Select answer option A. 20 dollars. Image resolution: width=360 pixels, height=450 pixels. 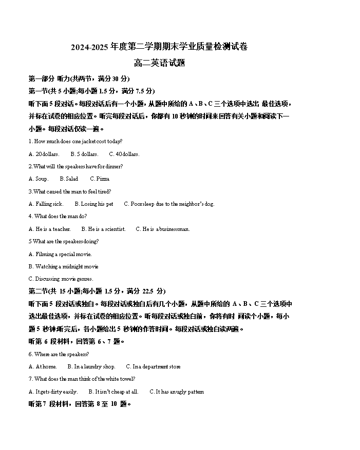[x=44, y=154]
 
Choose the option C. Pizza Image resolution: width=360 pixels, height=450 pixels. [x=100, y=179]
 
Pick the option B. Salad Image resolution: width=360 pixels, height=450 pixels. [x=69, y=179]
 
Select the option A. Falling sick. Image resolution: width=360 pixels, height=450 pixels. [x=46, y=204]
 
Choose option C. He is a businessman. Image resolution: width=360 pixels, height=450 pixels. [x=163, y=229]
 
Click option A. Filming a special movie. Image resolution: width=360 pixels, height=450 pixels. [x=60, y=255]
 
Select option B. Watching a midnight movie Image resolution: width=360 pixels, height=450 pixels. [x=63, y=267]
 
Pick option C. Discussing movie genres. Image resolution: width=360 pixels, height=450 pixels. [x=61, y=279]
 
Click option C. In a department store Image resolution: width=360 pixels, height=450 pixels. [x=154, y=367]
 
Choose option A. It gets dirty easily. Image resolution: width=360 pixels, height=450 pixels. [x=53, y=392]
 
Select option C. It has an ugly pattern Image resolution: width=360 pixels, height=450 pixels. [x=177, y=392]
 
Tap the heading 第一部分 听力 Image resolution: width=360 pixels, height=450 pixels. [x=49, y=79]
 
